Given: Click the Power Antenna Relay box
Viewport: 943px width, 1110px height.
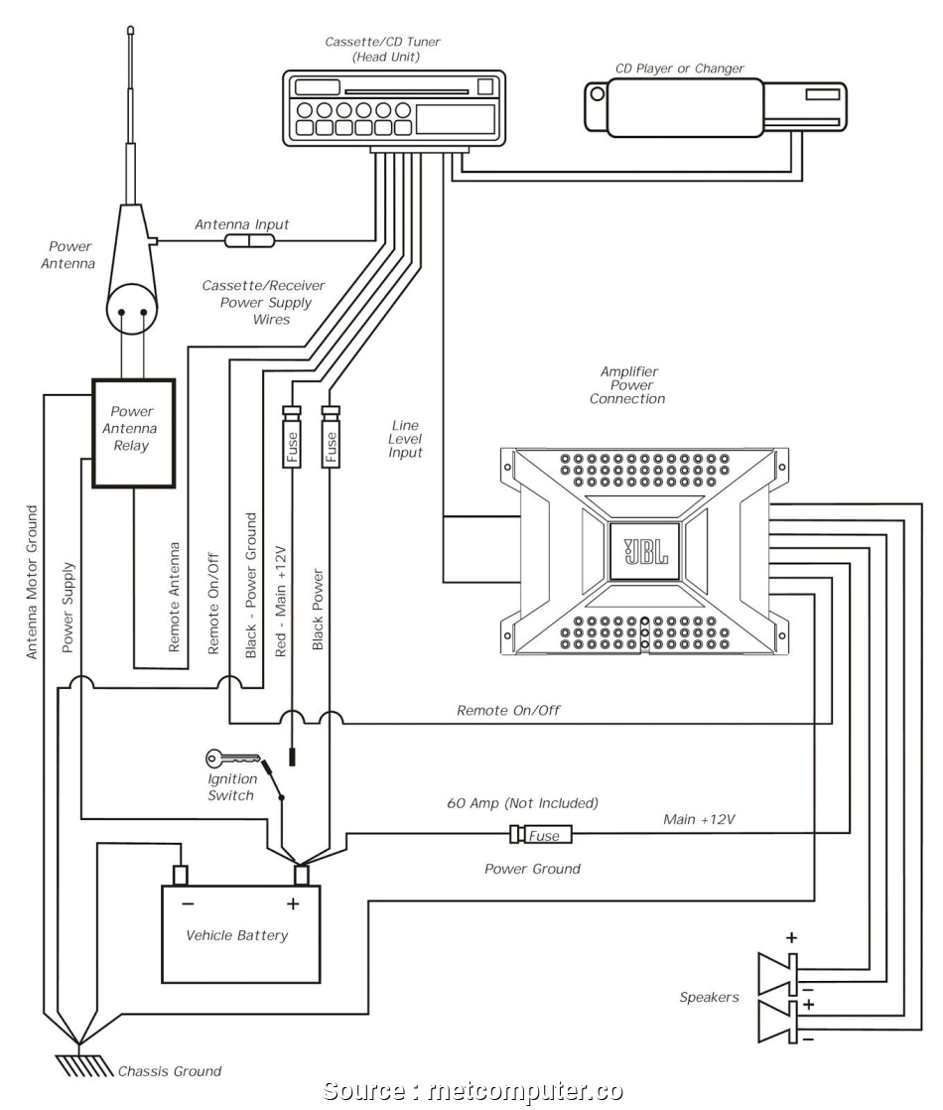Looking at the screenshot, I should click(133, 432).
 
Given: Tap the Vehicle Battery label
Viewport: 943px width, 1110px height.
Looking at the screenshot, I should click(237, 935).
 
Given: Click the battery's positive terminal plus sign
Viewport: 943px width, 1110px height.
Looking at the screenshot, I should click(293, 903).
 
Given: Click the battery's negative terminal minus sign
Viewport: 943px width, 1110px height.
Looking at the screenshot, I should click(188, 903).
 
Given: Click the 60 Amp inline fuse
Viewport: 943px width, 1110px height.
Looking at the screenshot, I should click(540, 835).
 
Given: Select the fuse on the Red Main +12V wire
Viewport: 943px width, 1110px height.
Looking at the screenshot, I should click(293, 437).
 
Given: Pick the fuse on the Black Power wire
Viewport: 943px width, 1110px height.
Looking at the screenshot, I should click(331, 437).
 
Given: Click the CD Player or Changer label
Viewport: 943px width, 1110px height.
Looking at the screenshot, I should click(680, 69).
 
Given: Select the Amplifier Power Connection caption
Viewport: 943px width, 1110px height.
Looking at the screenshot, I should click(627, 385).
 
